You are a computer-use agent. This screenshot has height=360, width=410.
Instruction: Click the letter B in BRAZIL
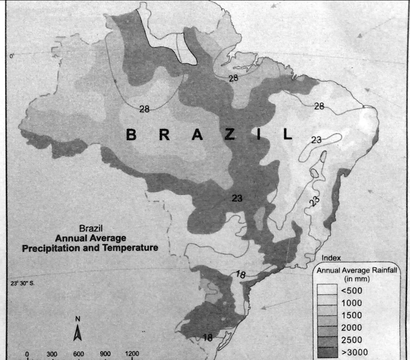click(x=131, y=135)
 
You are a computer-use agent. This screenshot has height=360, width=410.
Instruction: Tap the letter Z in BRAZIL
click(x=229, y=135)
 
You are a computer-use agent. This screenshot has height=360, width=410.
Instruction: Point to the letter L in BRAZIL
click(x=287, y=135)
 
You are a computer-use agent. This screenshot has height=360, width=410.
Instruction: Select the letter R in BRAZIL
click(x=164, y=135)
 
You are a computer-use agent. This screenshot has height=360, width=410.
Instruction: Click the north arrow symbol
click(x=78, y=332)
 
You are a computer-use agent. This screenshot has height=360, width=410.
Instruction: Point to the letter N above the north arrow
click(x=78, y=319)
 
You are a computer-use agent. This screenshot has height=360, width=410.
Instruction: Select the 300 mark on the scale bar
click(x=52, y=354)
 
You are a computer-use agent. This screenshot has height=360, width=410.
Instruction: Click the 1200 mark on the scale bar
click(x=132, y=354)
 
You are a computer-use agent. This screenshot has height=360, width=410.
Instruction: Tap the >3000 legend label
click(x=354, y=352)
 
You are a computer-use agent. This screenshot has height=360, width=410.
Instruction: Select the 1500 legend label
click(x=352, y=316)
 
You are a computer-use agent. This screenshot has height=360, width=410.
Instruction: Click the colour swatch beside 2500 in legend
click(x=327, y=340)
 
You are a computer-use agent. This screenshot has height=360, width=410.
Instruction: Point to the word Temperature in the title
click(x=131, y=248)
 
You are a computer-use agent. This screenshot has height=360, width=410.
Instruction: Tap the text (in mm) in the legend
click(x=357, y=279)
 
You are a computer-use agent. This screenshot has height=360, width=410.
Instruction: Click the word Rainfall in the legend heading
click(x=384, y=271)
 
